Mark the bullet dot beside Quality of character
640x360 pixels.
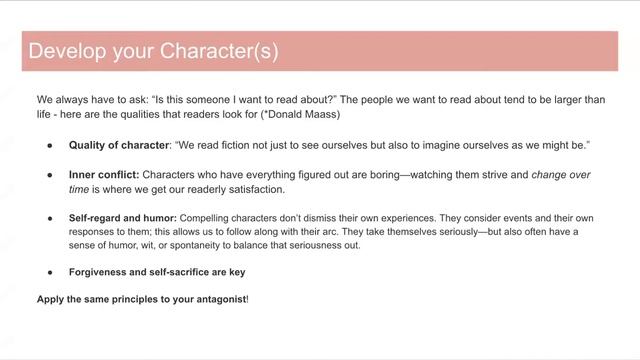(x=49, y=145)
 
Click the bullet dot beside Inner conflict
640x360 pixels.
(x=49, y=175)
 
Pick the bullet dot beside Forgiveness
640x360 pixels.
(x=49, y=272)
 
